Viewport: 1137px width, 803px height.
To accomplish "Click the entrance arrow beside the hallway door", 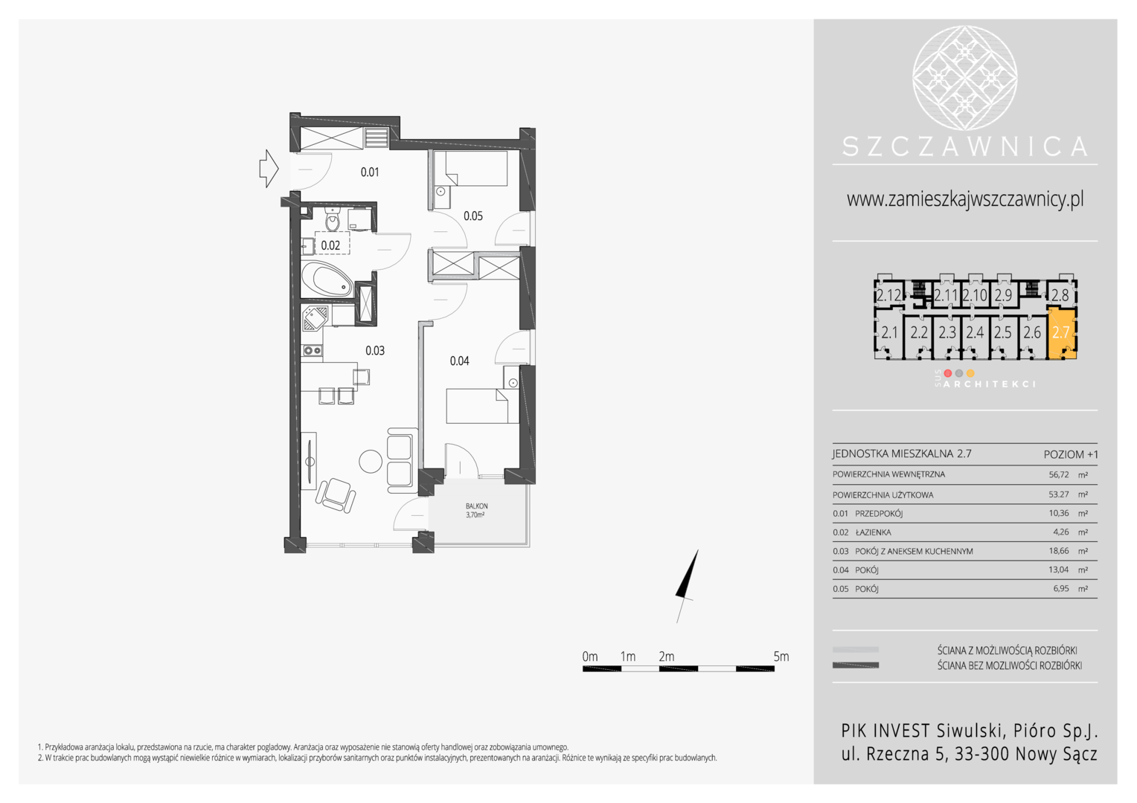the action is click(x=269, y=169).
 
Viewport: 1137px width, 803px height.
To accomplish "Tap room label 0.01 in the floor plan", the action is click(x=370, y=172).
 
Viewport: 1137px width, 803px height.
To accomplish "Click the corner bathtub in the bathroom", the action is click(x=327, y=280).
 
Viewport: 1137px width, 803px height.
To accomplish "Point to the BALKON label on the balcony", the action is click(x=476, y=506).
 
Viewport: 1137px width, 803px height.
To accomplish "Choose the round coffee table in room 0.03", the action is click(x=371, y=462).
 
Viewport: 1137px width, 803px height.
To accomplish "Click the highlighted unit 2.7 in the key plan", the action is click(x=1061, y=333).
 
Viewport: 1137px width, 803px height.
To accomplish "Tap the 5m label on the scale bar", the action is click(x=781, y=657).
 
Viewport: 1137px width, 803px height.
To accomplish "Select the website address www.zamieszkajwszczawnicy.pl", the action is click(x=965, y=199).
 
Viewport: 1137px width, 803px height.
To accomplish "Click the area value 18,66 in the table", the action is click(x=1059, y=551).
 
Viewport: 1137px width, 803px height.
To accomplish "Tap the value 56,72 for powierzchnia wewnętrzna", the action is click(x=1059, y=475).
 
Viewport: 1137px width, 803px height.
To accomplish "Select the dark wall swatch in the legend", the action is click(x=855, y=665).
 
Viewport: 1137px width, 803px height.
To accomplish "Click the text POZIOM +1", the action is click(x=1071, y=454).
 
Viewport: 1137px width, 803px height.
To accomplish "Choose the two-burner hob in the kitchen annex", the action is click(x=312, y=350).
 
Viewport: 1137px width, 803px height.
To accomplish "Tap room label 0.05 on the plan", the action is click(x=473, y=216).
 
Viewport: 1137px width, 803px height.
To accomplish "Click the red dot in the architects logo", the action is click(x=947, y=373).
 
